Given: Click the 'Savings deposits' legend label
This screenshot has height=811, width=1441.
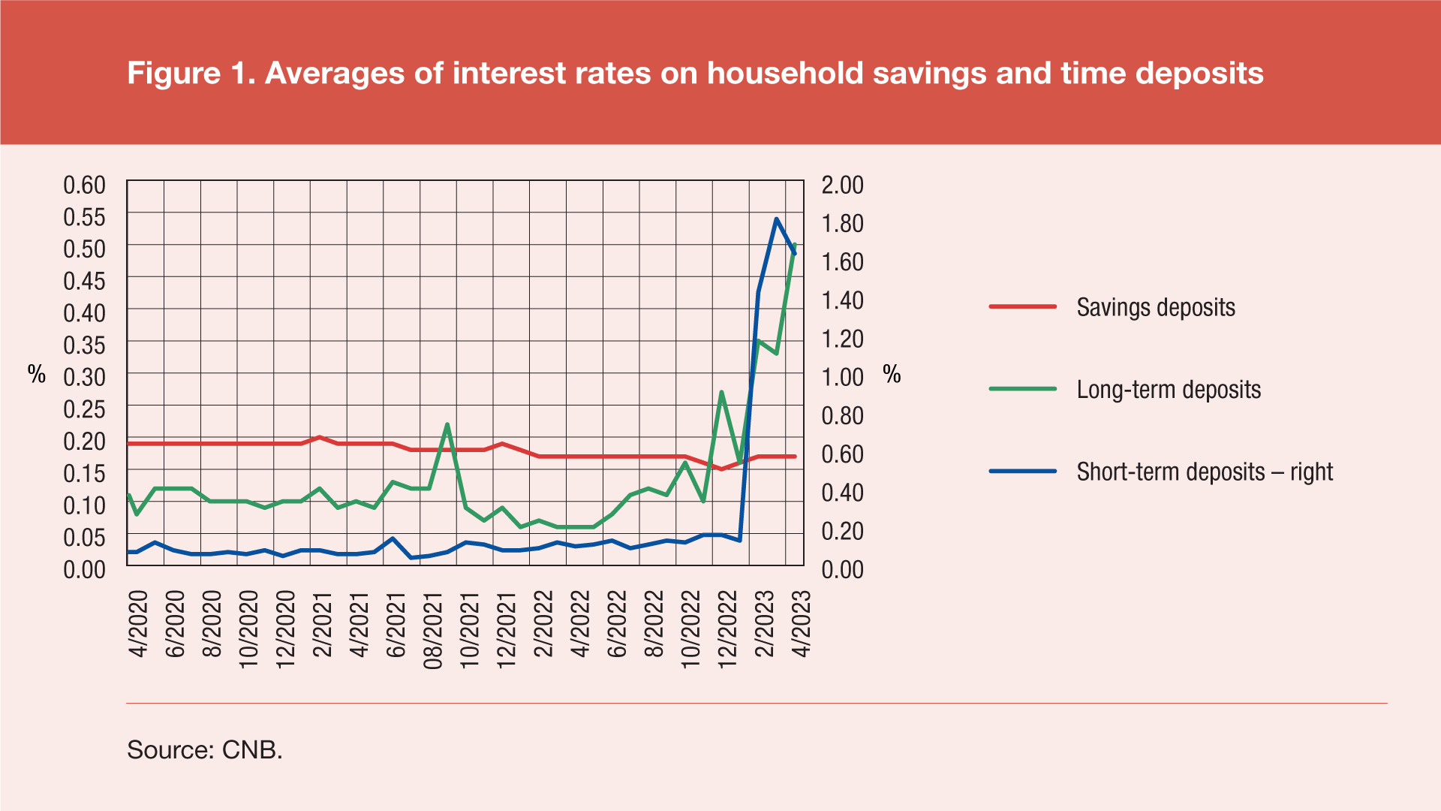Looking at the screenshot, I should (1155, 307).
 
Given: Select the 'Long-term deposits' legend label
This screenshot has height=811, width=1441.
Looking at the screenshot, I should (1169, 390).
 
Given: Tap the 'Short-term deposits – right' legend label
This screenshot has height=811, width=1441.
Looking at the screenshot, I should (1205, 472).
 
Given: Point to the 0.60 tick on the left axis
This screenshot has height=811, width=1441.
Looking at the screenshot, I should (84, 185).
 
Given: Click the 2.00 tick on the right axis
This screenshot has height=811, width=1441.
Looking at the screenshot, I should (842, 185).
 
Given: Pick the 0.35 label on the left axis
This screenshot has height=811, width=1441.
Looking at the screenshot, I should (84, 345).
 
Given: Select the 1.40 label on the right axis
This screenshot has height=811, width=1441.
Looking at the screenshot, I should (842, 300).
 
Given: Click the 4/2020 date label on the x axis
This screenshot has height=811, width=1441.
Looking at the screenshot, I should (139, 624).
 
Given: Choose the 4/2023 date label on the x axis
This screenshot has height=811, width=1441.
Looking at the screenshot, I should (802, 624).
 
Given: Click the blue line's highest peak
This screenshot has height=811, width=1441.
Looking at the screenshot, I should (776, 219).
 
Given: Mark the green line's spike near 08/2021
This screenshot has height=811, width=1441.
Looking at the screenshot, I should (447, 424).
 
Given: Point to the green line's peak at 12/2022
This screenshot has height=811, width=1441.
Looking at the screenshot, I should (721, 392).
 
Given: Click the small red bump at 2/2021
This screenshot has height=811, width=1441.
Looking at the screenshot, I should (320, 437).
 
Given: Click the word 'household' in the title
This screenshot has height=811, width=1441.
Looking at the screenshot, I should (785, 74).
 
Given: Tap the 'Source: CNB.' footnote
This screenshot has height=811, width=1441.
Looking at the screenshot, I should (205, 749).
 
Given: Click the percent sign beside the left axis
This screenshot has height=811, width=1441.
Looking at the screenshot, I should (37, 374).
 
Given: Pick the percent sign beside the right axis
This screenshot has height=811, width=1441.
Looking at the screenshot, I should (892, 374).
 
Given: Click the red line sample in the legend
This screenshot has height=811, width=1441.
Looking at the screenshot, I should (1022, 307).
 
